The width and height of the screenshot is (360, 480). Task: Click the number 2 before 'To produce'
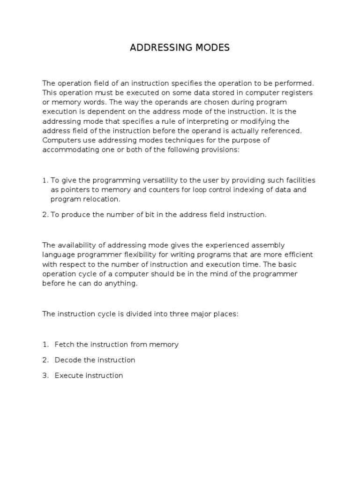[x=45, y=215]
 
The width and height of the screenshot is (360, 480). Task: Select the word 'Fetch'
[x=64, y=345]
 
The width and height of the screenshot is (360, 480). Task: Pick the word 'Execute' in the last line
[x=68, y=375]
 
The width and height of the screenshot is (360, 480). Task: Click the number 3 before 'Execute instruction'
[x=45, y=375]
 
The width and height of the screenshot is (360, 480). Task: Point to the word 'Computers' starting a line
[x=60, y=140]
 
